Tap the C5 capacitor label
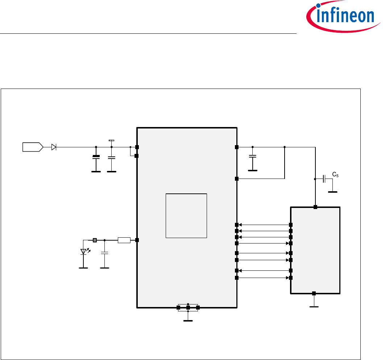click(x=336, y=176)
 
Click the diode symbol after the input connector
click(x=54, y=147)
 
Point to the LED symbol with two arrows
click(x=84, y=251)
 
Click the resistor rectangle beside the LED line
click(x=124, y=240)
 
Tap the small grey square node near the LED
click(x=95, y=240)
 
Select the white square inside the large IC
click(x=186, y=216)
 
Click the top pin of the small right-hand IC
click(x=315, y=207)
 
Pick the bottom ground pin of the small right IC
click(x=314, y=293)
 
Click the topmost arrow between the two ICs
click(x=264, y=225)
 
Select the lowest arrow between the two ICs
click(x=264, y=278)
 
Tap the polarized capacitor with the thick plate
click(x=96, y=157)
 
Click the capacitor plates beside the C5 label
click(x=324, y=179)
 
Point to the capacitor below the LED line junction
click(x=105, y=254)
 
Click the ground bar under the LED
click(x=84, y=268)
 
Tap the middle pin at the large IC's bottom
click(x=188, y=308)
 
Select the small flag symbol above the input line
click(x=111, y=140)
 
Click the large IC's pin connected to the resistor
click(x=137, y=240)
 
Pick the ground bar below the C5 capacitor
click(x=332, y=192)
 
